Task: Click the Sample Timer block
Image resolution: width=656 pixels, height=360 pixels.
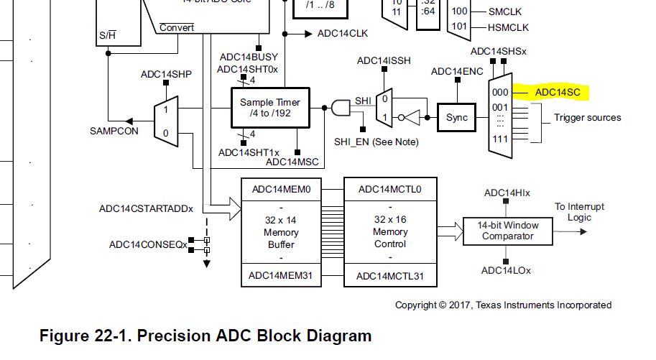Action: click(269, 109)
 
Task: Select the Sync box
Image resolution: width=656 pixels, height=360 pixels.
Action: click(456, 117)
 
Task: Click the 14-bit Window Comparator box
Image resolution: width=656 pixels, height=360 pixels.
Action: click(508, 230)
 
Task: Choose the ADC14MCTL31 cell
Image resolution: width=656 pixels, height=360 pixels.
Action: click(389, 276)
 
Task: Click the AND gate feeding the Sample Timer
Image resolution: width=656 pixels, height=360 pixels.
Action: click(339, 108)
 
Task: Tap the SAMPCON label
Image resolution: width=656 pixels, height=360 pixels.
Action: click(109, 131)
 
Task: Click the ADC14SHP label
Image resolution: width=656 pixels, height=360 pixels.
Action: click(165, 74)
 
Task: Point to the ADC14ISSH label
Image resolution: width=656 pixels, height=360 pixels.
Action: click(384, 60)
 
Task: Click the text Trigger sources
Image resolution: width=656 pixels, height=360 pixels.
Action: click(587, 117)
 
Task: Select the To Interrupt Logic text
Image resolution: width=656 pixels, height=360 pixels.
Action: click(579, 212)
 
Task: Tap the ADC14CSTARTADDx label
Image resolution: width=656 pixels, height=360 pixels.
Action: click(147, 209)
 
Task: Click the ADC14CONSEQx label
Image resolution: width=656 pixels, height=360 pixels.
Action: click(148, 244)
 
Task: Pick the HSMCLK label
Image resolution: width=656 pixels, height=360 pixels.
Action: click(509, 27)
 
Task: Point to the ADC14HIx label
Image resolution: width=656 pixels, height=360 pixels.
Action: click(507, 193)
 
